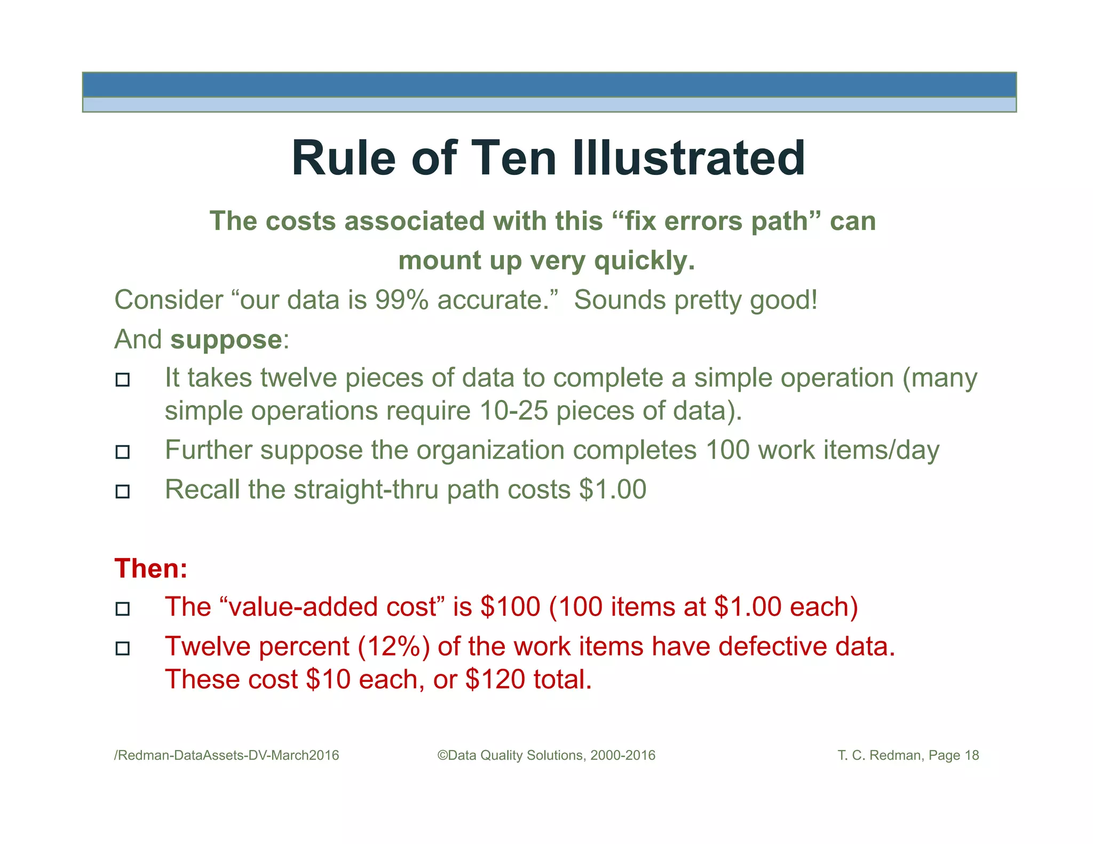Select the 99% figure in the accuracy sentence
click(x=401, y=300)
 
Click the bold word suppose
click(x=226, y=339)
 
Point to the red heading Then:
click(x=151, y=568)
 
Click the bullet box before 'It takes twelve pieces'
click(x=123, y=380)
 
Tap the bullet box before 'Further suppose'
click(x=123, y=452)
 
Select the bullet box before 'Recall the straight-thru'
click(x=123, y=491)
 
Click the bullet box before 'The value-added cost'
click(x=123, y=609)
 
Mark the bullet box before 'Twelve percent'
click(x=123, y=648)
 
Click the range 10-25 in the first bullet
click(x=513, y=411)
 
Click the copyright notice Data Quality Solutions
click(x=546, y=755)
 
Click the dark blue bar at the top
click(x=549, y=85)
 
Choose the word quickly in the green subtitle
click(x=644, y=261)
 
